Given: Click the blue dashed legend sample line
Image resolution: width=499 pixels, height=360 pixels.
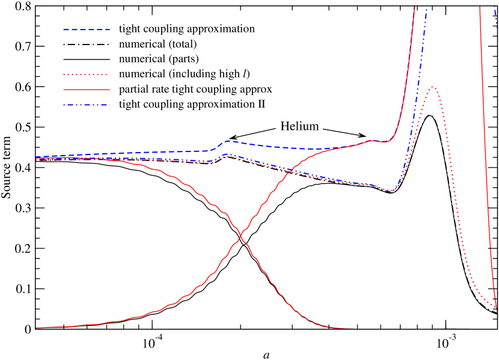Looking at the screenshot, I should pyautogui.click(x=87, y=29).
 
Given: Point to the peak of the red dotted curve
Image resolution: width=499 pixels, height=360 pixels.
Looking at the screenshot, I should pyautogui.click(x=432, y=87).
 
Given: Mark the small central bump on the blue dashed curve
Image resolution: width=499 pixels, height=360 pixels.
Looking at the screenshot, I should pyautogui.click(x=228, y=141).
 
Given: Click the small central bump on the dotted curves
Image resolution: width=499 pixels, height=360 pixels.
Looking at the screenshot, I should pyautogui.click(x=228, y=155).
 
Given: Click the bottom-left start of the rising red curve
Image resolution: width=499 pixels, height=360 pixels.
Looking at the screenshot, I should pyautogui.click(x=37, y=328).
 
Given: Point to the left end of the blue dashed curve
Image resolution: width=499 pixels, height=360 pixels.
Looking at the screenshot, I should pyautogui.click(x=37, y=157).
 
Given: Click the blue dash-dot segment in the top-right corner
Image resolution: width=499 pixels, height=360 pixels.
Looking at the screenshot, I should pyautogui.click(x=496, y=18).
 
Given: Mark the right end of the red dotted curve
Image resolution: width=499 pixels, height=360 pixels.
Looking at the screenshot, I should pyautogui.click(x=497, y=308).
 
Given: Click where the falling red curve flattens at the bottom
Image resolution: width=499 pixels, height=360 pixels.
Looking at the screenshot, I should pyautogui.click(x=340, y=328).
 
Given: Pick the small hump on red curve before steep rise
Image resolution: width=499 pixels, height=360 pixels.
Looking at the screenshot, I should pyautogui.click(x=373, y=141).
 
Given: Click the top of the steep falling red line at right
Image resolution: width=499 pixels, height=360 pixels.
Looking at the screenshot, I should pyautogui.click(x=480, y=7).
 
